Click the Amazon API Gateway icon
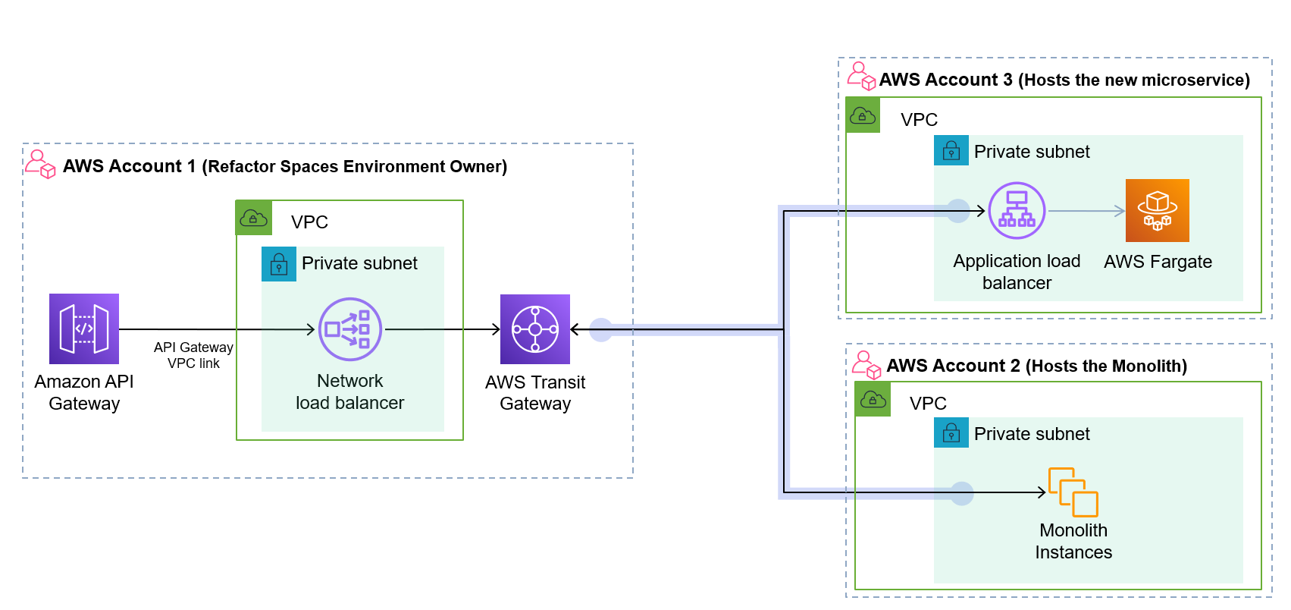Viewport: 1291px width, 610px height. tap(84, 329)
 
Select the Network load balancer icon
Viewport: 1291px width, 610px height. tap(349, 329)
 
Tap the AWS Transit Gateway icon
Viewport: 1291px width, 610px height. tap(534, 329)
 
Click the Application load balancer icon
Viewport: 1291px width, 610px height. tap(1017, 211)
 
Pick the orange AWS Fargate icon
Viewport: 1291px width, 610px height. tap(1157, 211)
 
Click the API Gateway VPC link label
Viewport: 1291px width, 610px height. tap(193, 355)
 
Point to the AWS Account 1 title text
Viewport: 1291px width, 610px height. tap(284, 166)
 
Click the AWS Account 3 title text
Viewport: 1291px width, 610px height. tap(1064, 80)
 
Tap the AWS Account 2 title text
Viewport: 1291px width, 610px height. tap(1036, 366)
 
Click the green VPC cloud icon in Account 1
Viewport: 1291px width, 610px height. tap(253, 219)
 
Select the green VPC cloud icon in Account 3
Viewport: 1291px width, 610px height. tap(863, 115)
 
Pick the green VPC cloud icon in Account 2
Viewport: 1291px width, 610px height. tap(873, 399)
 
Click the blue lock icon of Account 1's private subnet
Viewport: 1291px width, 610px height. tap(279, 264)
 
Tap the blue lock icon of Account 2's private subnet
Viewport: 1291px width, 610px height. tap(951, 433)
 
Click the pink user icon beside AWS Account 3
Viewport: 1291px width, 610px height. tap(861, 76)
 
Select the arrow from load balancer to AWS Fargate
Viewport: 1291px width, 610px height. tap(1086, 211)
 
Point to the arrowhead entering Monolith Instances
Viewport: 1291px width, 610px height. tap(1042, 492)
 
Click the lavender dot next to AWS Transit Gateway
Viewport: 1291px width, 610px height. tap(601, 329)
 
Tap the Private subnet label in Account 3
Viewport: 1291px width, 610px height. tap(1032, 152)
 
